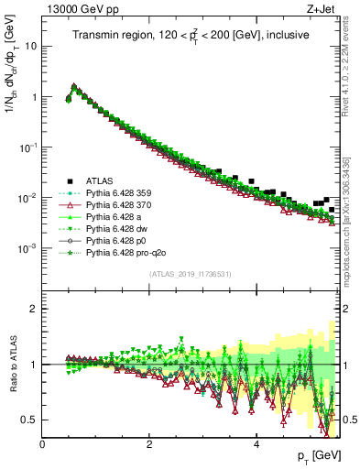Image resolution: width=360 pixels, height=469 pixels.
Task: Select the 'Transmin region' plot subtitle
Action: tap(191, 35)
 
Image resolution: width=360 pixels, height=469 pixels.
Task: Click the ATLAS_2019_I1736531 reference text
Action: tap(191, 274)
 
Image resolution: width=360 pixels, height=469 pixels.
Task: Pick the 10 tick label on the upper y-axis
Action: tap(30, 46)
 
